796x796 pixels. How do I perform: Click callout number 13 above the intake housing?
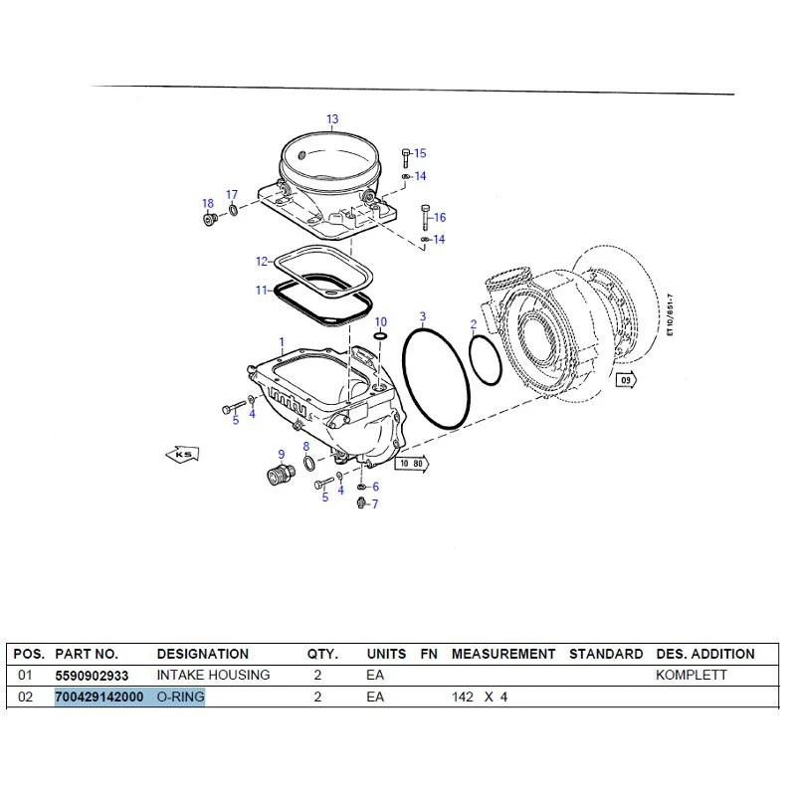click(x=332, y=118)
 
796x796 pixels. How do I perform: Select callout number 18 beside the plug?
click(x=208, y=203)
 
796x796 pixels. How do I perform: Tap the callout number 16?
click(x=440, y=217)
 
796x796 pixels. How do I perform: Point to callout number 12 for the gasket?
click(x=262, y=261)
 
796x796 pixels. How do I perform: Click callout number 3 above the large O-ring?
click(x=423, y=317)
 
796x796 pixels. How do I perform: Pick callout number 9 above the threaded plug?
click(x=282, y=455)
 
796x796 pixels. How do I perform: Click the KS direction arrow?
click(x=183, y=454)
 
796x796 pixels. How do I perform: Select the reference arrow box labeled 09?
click(x=626, y=380)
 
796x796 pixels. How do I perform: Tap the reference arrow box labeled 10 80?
click(x=412, y=464)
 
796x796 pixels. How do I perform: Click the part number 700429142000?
click(x=99, y=696)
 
